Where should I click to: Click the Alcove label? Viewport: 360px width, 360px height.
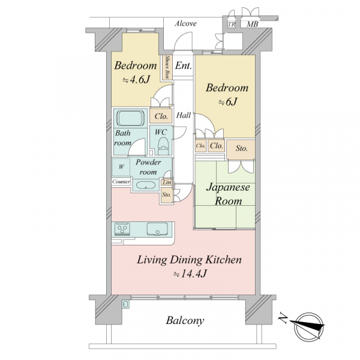(185, 23)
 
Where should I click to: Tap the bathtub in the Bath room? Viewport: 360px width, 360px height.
(130, 118)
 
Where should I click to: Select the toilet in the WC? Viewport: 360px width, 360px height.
(163, 146)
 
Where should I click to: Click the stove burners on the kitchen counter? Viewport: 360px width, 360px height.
(122, 229)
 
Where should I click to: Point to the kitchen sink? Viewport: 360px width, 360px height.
(157, 229)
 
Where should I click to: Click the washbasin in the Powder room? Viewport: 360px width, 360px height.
(146, 185)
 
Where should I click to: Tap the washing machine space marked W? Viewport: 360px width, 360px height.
(121, 167)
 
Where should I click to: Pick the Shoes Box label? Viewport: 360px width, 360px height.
(167, 67)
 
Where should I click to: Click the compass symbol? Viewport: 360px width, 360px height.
(309, 326)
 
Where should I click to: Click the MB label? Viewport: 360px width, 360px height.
(252, 24)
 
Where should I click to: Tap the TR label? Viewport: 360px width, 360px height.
(232, 25)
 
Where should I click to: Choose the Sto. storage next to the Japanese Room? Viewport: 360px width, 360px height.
(241, 149)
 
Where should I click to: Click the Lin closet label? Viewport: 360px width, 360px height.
(167, 182)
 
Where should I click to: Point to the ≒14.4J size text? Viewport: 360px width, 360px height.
(190, 274)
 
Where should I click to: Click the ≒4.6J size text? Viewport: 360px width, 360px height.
(136, 80)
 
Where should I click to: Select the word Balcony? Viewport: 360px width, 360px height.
(185, 321)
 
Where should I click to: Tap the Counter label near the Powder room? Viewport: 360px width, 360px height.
(121, 182)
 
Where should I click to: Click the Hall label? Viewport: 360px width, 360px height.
(184, 115)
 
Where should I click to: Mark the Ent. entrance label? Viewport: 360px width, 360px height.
(183, 66)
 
